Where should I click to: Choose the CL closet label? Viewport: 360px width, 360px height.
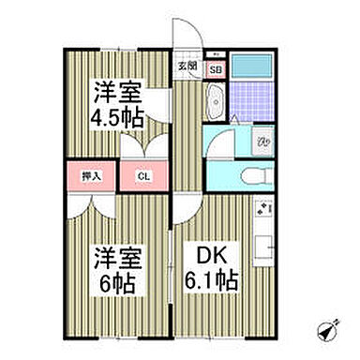(x=142, y=175)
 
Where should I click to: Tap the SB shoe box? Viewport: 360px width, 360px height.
(x=214, y=69)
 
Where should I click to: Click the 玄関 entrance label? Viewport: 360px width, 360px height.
(x=187, y=65)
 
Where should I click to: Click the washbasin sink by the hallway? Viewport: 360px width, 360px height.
(x=214, y=99)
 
